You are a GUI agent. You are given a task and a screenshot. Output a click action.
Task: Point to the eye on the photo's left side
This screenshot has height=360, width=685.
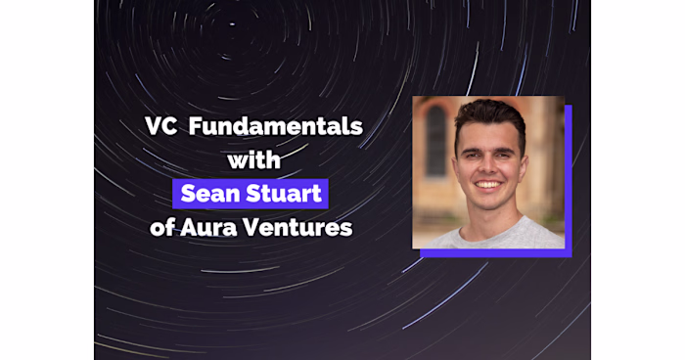point(474,153)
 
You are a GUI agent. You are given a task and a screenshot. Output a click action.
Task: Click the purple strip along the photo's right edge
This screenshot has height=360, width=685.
point(569,176)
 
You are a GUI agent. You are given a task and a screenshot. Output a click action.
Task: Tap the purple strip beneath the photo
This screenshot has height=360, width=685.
point(494,253)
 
